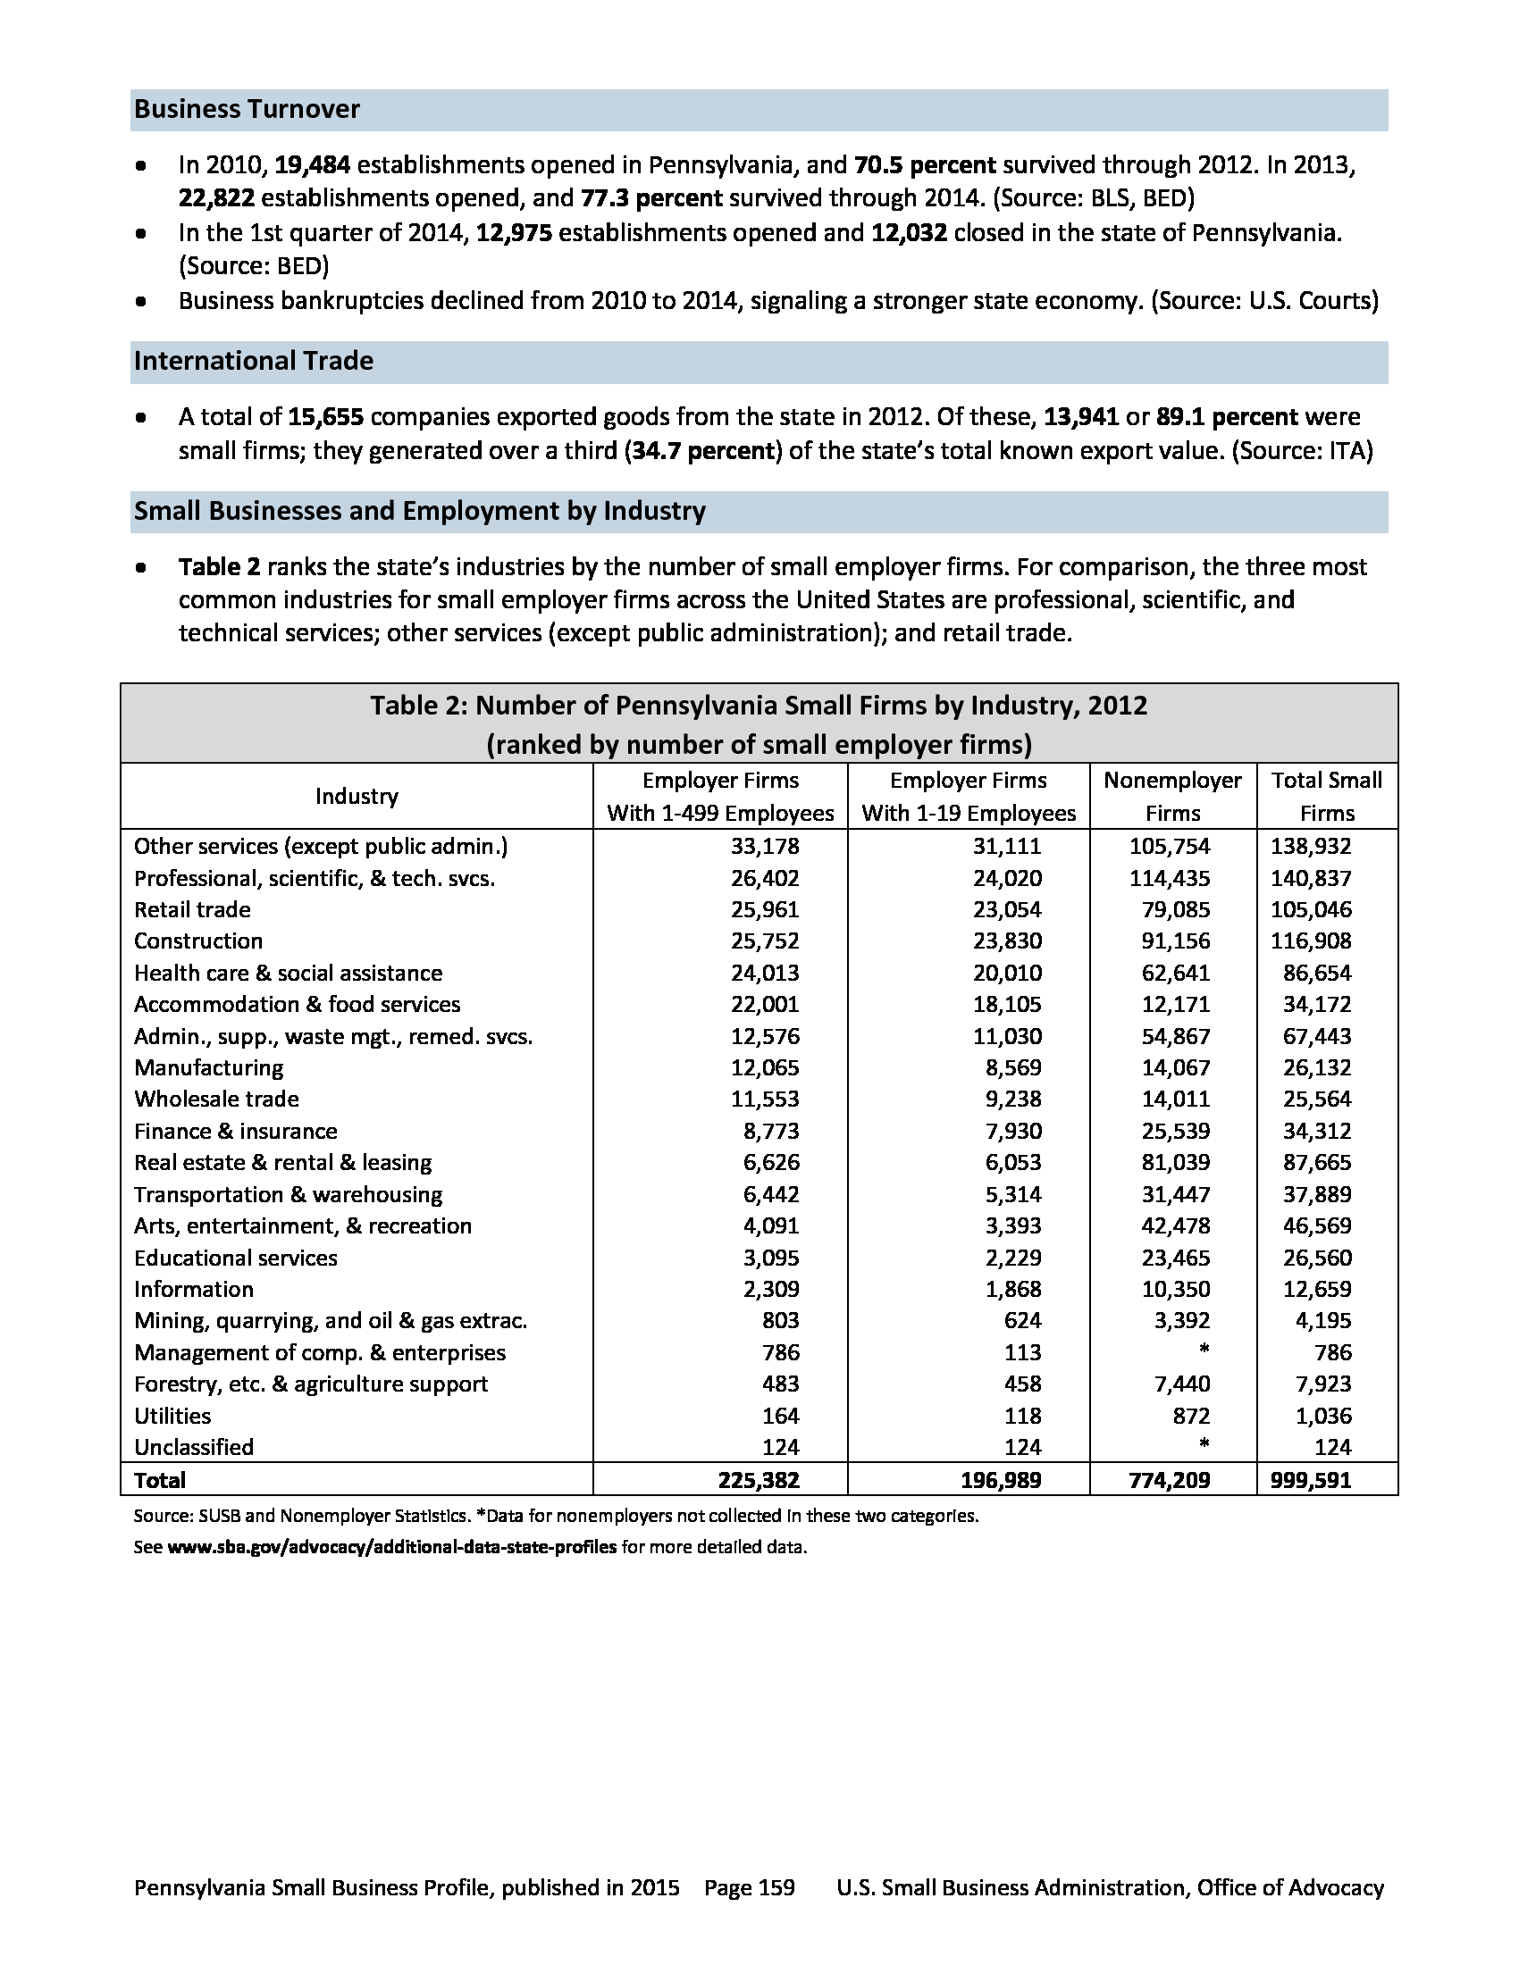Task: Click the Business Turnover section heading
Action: click(x=247, y=110)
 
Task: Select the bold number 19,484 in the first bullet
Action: click(x=311, y=165)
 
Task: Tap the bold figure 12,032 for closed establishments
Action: click(x=909, y=233)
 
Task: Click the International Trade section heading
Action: click(x=254, y=361)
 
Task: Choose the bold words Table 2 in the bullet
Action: click(x=220, y=567)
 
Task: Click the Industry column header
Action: click(x=357, y=796)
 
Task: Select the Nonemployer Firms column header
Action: click(x=1172, y=796)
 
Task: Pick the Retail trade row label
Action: click(x=193, y=909)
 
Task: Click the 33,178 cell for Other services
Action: click(x=765, y=846)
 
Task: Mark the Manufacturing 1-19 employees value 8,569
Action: click(x=1013, y=1068)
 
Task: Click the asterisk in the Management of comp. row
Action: click(x=1204, y=1350)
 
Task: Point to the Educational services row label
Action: click(x=236, y=1258)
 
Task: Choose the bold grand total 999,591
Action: click(x=1310, y=1480)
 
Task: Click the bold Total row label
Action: click(x=160, y=1480)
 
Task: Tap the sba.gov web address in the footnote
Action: click(x=392, y=1548)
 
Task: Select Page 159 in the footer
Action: click(x=750, y=1887)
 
